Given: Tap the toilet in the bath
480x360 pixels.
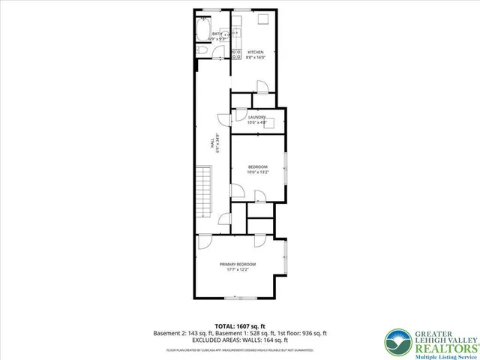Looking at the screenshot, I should tap(202, 49).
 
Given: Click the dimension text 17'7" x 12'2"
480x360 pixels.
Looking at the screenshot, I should tap(238, 270).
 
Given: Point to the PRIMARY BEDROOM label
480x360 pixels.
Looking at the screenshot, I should tap(238, 264).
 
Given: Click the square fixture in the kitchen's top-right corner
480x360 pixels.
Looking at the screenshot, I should tap(265, 21).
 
